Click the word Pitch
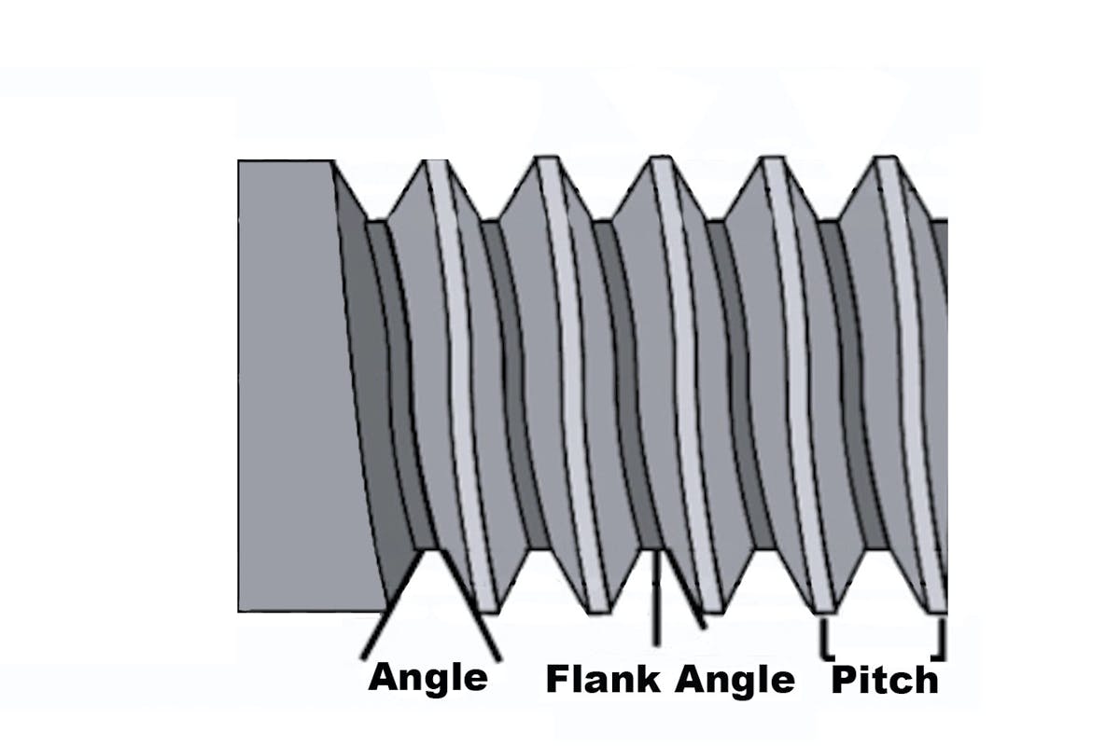(885, 680)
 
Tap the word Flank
(603, 680)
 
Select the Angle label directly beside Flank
(735, 680)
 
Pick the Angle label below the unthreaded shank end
(427, 677)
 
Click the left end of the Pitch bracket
(825, 640)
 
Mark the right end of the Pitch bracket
(942, 640)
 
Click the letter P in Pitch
(843, 680)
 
